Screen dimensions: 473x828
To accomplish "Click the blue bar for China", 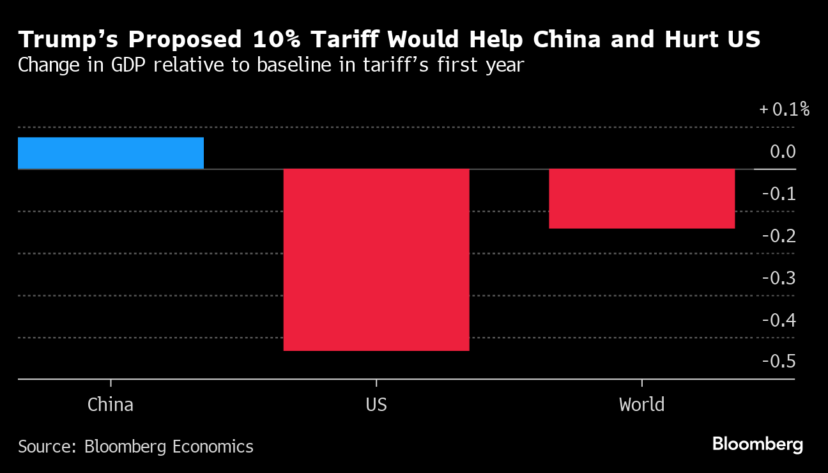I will pos(111,153).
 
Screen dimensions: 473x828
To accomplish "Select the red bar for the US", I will pos(376,260).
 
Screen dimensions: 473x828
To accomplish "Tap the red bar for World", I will pos(641,198).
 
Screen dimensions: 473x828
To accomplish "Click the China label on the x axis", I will pos(111,405).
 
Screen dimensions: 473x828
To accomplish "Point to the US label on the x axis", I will pos(376,405).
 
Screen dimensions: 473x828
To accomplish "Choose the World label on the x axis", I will pos(641,405).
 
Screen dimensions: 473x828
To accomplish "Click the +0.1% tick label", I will pos(784,109).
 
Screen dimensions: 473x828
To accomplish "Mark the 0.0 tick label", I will pos(783,151).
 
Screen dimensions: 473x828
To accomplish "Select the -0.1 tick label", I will pos(779,194).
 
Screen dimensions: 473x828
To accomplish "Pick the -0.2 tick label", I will pos(779,236).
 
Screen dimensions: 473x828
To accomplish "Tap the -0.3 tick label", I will pos(779,278).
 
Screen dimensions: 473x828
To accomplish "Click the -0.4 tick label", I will pos(779,320).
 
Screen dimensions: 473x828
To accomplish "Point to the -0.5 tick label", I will pos(779,362).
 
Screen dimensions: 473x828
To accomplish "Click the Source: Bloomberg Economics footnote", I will pos(135,446).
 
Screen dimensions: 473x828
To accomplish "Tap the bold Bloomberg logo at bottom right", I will pos(758,444).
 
